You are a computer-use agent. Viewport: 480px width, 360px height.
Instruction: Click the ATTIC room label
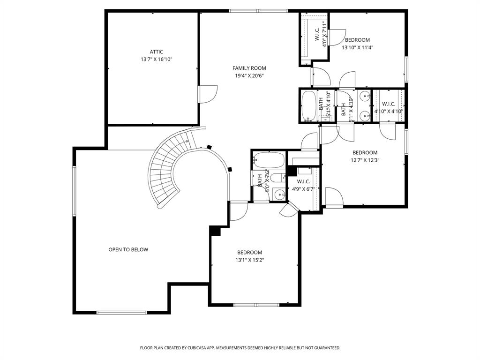(x=157, y=52)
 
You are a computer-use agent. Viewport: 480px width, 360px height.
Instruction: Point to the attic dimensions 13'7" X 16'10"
(x=157, y=60)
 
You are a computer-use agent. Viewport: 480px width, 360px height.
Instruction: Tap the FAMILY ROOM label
(x=249, y=68)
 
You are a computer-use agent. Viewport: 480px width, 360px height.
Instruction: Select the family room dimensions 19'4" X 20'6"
(x=249, y=76)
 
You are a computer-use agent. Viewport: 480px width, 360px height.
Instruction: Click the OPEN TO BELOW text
(x=128, y=250)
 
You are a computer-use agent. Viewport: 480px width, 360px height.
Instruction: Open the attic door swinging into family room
(x=208, y=94)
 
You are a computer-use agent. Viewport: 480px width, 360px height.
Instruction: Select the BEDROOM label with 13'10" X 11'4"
(x=357, y=40)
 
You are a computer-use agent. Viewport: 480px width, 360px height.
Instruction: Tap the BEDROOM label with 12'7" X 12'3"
(x=365, y=153)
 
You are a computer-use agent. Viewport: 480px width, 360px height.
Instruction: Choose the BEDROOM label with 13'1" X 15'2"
(x=249, y=253)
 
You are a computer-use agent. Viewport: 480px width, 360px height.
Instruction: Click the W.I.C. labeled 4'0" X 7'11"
(x=317, y=34)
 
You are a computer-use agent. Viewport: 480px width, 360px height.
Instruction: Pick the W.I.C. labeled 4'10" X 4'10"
(x=388, y=104)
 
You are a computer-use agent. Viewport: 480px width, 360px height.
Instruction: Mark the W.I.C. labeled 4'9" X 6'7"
(x=303, y=182)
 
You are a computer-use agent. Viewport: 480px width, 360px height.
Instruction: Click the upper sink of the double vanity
(x=365, y=97)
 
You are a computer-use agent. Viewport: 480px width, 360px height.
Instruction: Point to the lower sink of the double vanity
(x=365, y=114)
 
